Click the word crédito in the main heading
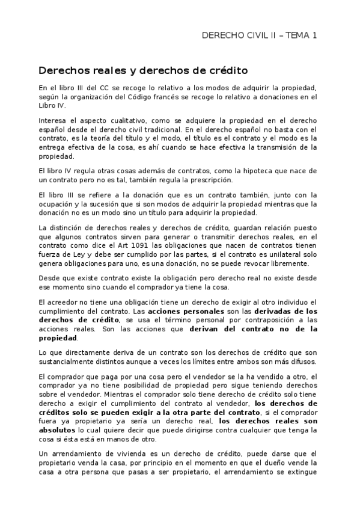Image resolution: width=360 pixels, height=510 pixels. tap(226, 70)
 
